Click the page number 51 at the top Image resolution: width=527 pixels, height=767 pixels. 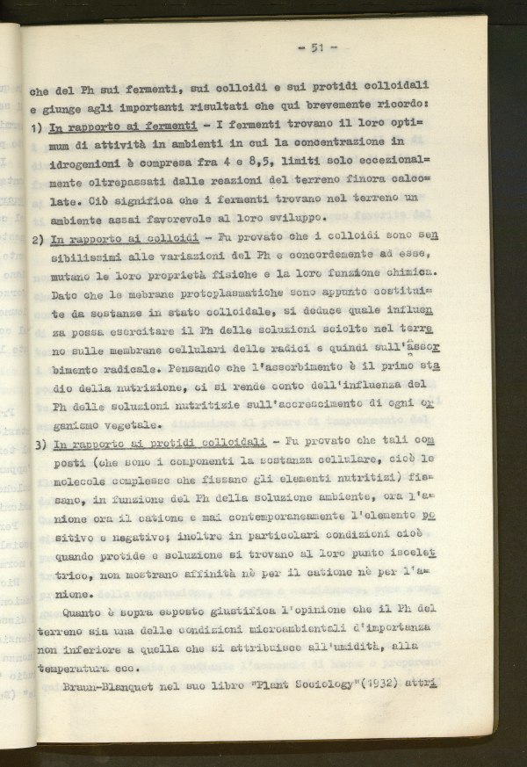tap(319, 47)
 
